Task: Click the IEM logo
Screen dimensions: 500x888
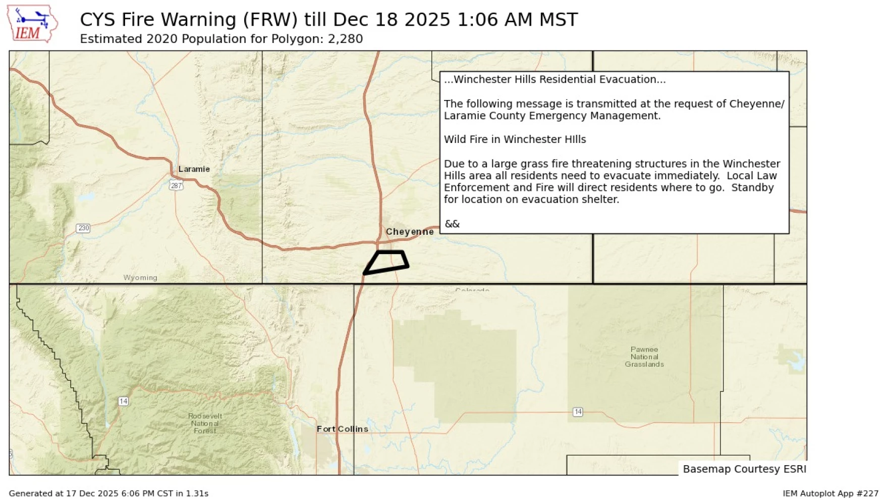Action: pyautogui.click(x=31, y=24)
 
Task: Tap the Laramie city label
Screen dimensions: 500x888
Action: pyautogui.click(x=194, y=169)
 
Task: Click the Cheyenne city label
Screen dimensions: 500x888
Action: pyautogui.click(x=409, y=232)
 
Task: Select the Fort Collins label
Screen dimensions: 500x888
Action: pyautogui.click(x=342, y=429)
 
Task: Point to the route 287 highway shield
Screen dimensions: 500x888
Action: pyautogui.click(x=176, y=185)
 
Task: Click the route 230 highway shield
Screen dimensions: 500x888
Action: pyautogui.click(x=83, y=228)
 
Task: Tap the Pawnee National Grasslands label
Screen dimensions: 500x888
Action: pyautogui.click(x=644, y=357)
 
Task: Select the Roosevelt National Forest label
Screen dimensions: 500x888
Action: pyautogui.click(x=205, y=423)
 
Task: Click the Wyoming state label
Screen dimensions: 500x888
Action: pyautogui.click(x=140, y=278)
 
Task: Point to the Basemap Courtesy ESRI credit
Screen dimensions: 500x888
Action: pyautogui.click(x=744, y=469)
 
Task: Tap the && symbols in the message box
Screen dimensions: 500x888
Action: pyautogui.click(x=452, y=224)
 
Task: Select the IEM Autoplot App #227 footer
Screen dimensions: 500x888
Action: pyautogui.click(x=830, y=493)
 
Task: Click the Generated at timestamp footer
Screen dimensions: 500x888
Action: pyautogui.click(x=108, y=493)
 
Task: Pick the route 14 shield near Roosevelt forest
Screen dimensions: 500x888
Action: pyautogui.click(x=123, y=402)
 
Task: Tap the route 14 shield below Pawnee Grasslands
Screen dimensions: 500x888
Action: pyautogui.click(x=578, y=412)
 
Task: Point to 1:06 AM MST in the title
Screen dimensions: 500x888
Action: pyautogui.click(x=517, y=20)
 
